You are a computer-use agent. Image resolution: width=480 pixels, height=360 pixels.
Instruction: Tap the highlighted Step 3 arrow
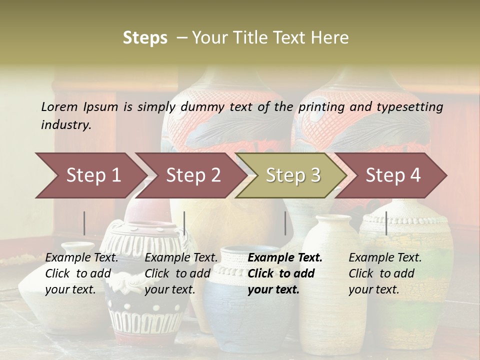pyautogui.click(x=293, y=175)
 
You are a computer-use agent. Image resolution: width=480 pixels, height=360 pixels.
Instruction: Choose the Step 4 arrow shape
pyautogui.click(x=393, y=175)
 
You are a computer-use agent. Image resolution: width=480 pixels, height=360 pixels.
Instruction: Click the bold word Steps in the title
pyautogui.click(x=145, y=37)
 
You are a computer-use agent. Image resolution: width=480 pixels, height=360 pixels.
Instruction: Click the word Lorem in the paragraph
pyautogui.click(x=59, y=106)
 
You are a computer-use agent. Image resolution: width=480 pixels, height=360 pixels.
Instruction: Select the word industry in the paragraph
pyautogui.click(x=66, y=125)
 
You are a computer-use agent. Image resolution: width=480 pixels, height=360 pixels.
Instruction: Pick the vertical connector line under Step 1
pyautogui.click(x=84, y=223)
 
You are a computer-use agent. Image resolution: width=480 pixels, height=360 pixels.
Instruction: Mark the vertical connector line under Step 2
pyautogui.click(x=184, y=223)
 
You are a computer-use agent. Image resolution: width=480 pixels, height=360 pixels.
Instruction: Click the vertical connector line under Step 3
pyautogui.click(x=285, y=223)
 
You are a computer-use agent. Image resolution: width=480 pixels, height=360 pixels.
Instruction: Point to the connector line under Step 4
pyautogui.click(x=386, y=223)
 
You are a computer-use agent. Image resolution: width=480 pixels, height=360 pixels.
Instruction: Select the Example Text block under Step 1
pyautogui.click(x=81, y=273)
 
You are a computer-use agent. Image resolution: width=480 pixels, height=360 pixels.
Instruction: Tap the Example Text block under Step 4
pyautogui.click(x=385, y=273)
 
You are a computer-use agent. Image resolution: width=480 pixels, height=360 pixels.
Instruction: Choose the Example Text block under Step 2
pyautogui.click(x=181, y=273)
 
